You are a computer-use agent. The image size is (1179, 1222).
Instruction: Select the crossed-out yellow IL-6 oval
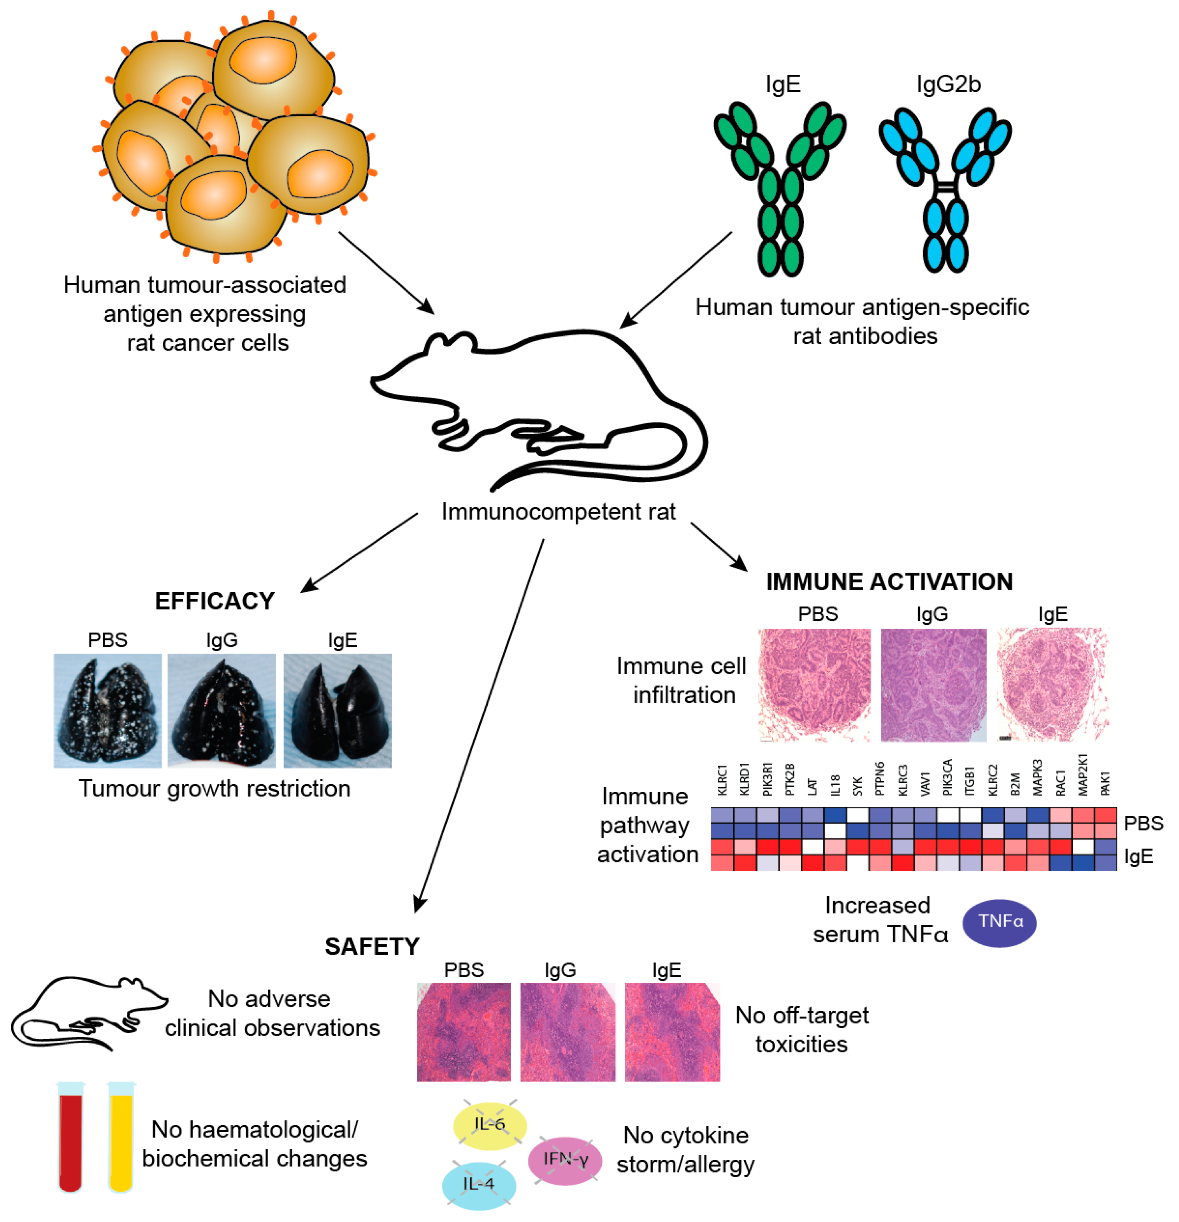click(x=490, y=1124)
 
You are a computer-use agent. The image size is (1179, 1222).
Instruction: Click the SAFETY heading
click(x=373, y=946)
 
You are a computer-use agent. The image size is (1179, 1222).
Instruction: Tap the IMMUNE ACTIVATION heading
click(x=889, y=581)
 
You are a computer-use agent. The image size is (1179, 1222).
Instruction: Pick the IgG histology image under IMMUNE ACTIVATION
click(x=933, y=685)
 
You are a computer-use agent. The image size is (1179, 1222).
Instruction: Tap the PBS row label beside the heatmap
click(x=1143, y=823)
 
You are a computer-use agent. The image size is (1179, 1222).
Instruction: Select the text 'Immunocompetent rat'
click(x=558, y=511)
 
